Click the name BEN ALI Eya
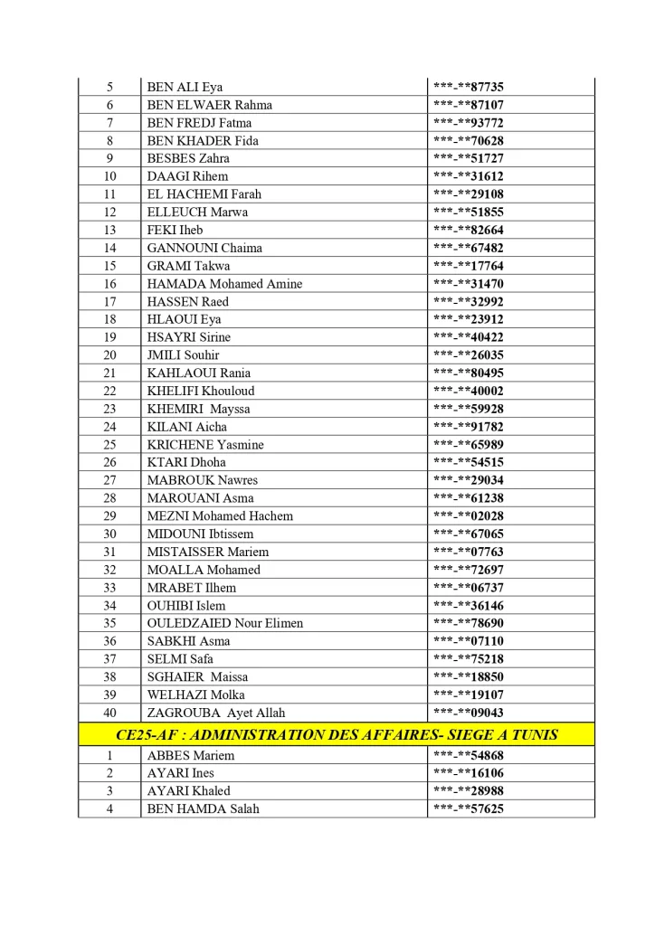tap(185, 87)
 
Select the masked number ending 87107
tap(468, 105)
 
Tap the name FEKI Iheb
tap(175, 230)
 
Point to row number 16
tap(109, 284)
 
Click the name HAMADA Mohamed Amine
tap(224, 284)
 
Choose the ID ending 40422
tap(468, 337)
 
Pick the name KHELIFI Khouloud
tap(201, 391)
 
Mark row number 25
tap(109, 445)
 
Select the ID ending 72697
tap(468, 570)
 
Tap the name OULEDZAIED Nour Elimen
tap(225, 623)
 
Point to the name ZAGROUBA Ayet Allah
tap(215, 713)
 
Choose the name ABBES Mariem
tap(190, 755)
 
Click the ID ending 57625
tap(468, 808)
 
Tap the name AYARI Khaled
tap(188, 791)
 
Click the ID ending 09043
tap(468, 713)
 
